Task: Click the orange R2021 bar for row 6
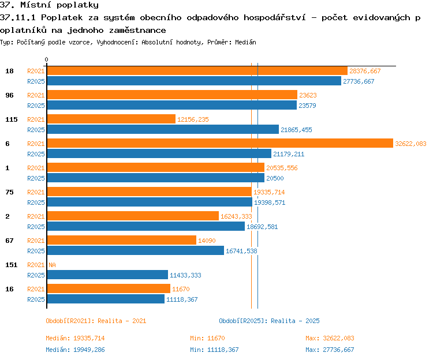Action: (x=220, y=143)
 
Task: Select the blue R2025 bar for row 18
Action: (x=194, y=81)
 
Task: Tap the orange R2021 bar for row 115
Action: (x=111, y=119)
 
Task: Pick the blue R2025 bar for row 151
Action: (x=107, y=275)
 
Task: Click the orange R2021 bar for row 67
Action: (x=122, y=240)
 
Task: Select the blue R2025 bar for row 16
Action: (x=106, y=299)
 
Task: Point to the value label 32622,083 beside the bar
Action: (x=410, y=144)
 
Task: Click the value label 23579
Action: (x=307, y=106)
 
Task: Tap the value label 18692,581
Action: (x=262, y=227)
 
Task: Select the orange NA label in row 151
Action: (x=52, y=265)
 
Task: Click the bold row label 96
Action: (x=9, y=95)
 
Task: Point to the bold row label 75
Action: (x=9, y=192)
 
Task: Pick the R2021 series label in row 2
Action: (x=36, y=216)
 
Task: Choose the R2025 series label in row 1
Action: (x=36, y=178)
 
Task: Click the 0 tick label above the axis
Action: (x=46, y=59)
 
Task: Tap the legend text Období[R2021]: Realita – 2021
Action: (x=96, y=321)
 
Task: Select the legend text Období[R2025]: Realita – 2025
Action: (x=269, y=321)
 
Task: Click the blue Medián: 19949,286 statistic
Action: (x=75, y=350)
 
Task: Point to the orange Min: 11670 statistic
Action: (x=207, y=338)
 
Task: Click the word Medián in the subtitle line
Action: (x=245, y=42)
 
